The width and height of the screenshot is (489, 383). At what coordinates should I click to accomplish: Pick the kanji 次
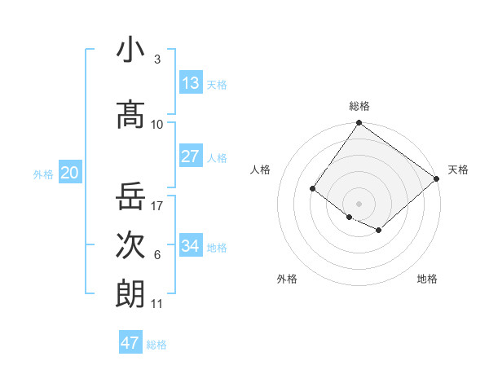point(130,244)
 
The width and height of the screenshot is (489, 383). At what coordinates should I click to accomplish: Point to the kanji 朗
point(130,293)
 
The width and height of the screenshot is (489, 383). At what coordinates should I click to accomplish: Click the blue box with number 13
point(191,83)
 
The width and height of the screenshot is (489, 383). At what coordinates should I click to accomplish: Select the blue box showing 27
point(191,156)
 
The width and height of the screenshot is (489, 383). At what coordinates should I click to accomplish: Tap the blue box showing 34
point(191,246)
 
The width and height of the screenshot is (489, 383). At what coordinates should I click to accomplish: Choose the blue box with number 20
point(70,173)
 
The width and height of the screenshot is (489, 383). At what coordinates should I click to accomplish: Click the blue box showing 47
point(130,343)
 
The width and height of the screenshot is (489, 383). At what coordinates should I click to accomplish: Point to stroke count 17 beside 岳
point(157,205)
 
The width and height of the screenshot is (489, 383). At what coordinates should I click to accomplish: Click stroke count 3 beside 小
point(156,59)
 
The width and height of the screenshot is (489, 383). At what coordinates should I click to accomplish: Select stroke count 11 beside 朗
point(157,304)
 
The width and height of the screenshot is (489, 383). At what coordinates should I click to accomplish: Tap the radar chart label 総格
point(359,106)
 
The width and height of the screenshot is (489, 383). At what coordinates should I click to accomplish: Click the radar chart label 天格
point(458,169)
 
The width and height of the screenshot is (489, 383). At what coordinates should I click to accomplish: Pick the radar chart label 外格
point(287,279)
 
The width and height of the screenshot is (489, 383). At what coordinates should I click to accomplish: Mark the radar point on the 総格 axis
point(359,123)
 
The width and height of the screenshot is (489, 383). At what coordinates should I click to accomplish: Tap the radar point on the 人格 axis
point(313,188)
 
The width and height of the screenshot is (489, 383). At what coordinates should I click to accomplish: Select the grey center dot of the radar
point(359,203)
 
